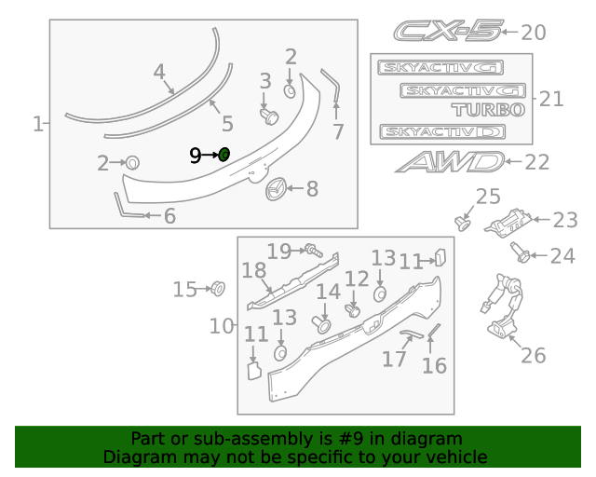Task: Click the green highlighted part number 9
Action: (x=223, y=154)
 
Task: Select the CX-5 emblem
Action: (x=446, y=33)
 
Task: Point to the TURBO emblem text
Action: (x=490, y=110)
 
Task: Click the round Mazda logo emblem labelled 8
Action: (x=277, y=189)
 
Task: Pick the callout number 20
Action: (x=533, y=33)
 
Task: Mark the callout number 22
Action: (x=537, y=162)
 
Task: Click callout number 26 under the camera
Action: (x=533, y=354)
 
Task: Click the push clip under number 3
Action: (x=270, y=116)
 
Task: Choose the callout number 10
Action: (x=222, y=326)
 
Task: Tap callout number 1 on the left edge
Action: (x=38, y=123)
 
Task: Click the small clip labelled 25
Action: (x=461, y=222)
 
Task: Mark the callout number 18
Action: (x=253, y=271)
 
